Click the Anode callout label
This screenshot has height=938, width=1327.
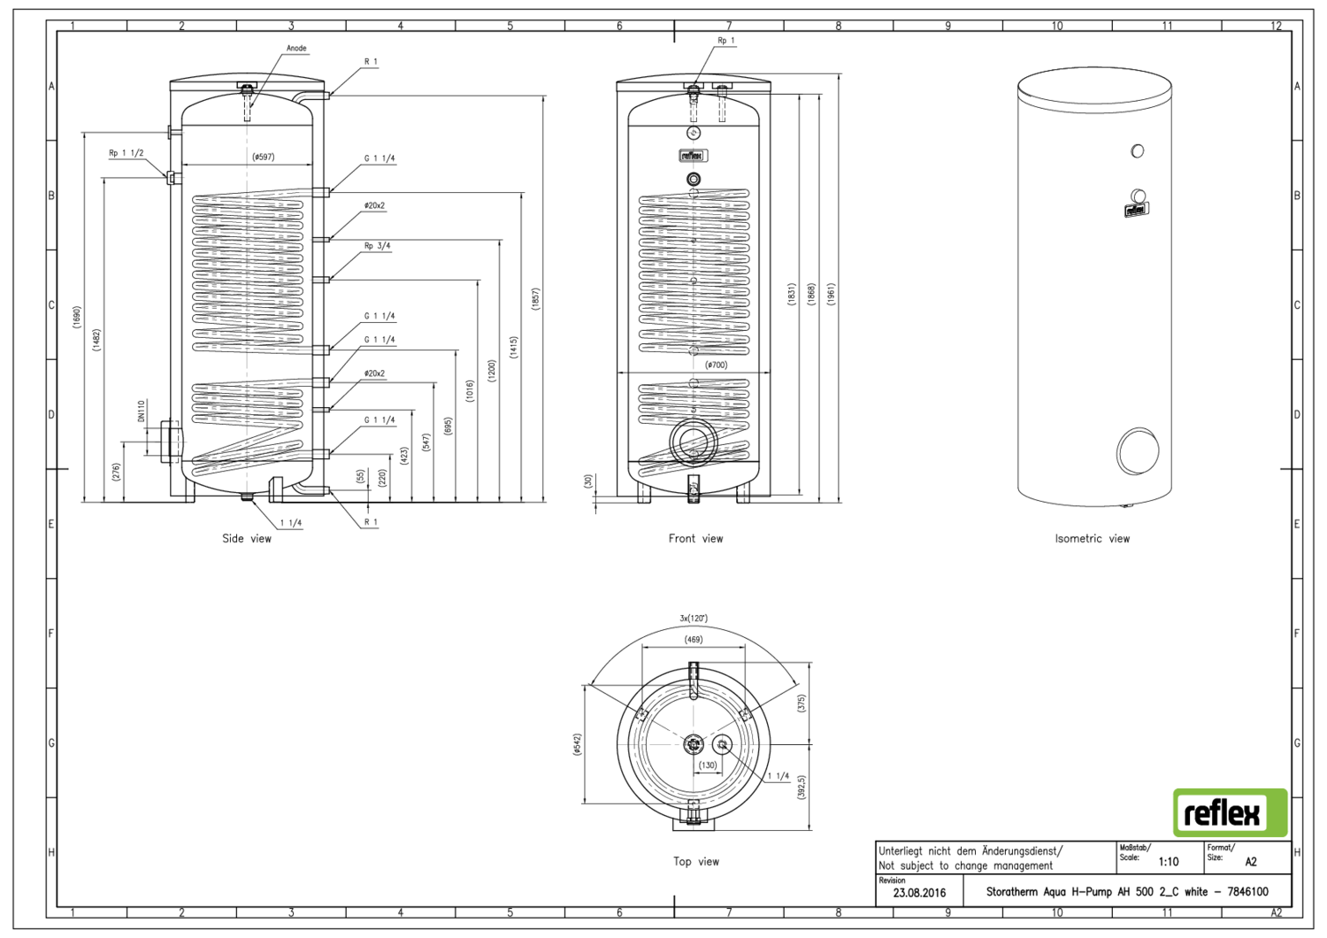(x=296, y=48)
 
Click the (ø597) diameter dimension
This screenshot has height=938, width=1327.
(x=264, y=157)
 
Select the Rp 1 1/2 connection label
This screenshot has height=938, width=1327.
(x=126, y=153)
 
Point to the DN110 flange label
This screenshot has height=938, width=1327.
(x=141, y=411)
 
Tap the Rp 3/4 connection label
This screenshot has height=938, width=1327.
(x=377, y=246)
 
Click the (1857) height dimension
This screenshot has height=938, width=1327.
(x=535, y=298)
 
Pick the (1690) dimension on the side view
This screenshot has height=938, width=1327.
(x=77, y=317)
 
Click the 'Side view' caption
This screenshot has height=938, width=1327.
(x=247, y=538)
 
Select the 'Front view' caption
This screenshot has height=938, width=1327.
(x=695, y=538)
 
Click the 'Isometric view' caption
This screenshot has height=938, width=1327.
(x=1092, y=538)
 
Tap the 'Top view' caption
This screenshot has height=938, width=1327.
(x=696, y=861)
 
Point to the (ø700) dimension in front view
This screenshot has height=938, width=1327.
(x=717, y=365)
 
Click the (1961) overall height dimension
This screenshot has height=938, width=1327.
(x=831, y=294)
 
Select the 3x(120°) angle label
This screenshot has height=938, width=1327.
(x=694, y=618)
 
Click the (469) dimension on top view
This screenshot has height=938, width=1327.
(x=694, y=639)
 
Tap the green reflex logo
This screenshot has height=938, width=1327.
(x=1230, y=812)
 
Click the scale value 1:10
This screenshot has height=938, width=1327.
(x=1169, y=861)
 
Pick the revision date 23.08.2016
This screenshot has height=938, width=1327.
(x=919, y=893)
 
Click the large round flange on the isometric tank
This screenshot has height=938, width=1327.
(x=1137, y=450)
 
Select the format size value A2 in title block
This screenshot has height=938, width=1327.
(x=1251, y=861)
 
